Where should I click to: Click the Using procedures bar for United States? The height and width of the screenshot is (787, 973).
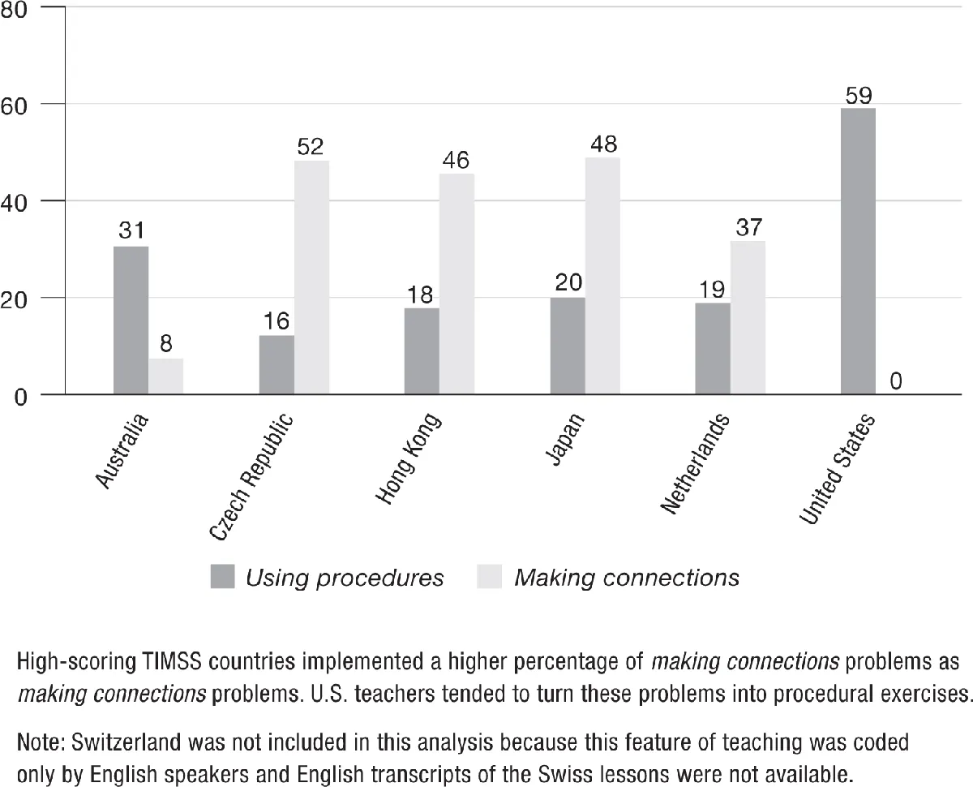[x=858, y=252]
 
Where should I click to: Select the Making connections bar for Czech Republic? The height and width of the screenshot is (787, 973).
[x=311, y=277]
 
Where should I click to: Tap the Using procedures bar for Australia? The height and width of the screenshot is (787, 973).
[x=131, y=320]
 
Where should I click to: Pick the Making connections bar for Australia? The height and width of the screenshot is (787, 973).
[x=165, y=376]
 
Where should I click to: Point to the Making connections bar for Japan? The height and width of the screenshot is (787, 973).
[x=602, y=276]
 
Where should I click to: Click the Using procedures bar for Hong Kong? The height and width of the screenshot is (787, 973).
[x=422, y=351]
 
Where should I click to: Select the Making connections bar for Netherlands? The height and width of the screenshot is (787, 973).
[x=748, y=318]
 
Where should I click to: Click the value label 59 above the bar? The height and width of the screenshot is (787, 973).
[x=858, y=96]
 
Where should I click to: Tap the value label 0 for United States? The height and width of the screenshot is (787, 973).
[x=896, y=381]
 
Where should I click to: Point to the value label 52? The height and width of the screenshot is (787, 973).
[x=311, y=147]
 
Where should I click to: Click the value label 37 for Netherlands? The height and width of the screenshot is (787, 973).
[x=748, y=228]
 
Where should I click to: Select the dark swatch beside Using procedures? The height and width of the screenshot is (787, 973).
[x=222, y=577]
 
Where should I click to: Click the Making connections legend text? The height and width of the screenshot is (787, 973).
[x=626, y=577]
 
